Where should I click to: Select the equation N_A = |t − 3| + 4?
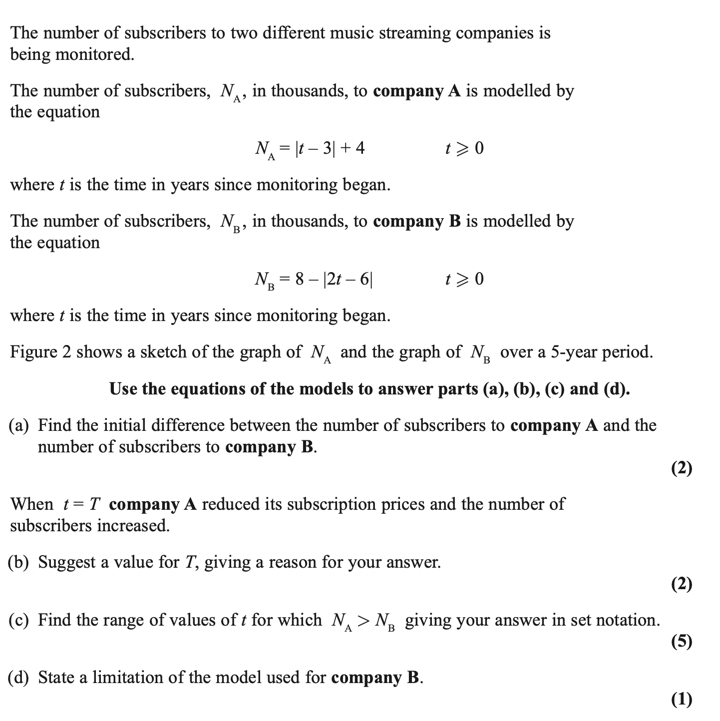coord(310,149)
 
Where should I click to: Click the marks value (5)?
coord(682,641)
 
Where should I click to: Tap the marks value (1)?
coord(682,699)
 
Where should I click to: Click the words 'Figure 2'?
coord(40,352)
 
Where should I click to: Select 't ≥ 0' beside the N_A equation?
coord(464,149)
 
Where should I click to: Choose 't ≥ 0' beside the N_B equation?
coord(464,279)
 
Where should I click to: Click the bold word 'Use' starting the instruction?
coord(123,389)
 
